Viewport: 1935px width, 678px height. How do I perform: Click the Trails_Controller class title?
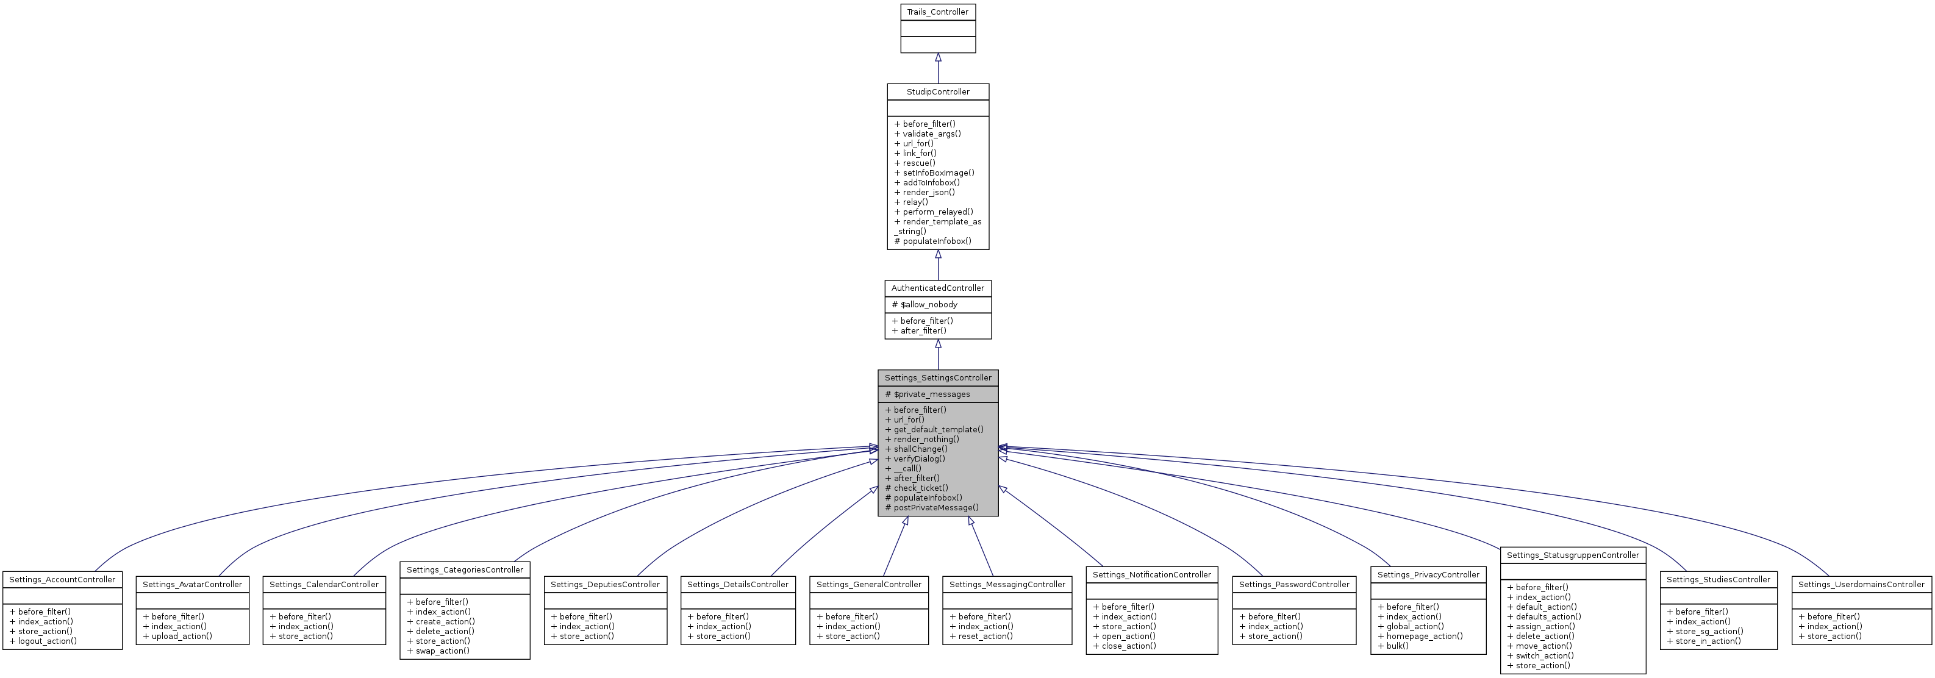click(937, 12)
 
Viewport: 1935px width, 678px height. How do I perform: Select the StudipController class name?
click(937, 91)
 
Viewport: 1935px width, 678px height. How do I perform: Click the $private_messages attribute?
click(931, 394)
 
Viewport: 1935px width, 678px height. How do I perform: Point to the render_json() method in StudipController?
click(928, 192)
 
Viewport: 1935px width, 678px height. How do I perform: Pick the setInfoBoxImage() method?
click(938, 173)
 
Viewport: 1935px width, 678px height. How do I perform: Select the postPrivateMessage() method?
click(936, 507)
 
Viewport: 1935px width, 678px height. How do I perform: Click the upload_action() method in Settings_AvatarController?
click(182, 636)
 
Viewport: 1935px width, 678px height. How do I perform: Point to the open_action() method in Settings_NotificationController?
click(1128, 636)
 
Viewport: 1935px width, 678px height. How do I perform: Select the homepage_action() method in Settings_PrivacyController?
click(1424, 636)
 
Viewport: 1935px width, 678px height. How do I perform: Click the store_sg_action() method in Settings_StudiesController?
click(1709, 632)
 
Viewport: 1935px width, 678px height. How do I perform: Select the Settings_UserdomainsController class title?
click(1861, 584)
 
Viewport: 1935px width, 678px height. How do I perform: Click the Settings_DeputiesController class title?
click(605, 584)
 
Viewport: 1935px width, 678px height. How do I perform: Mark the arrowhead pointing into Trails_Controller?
click(937, 58)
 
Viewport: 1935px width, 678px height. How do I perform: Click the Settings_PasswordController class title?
click(1293, 584)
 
